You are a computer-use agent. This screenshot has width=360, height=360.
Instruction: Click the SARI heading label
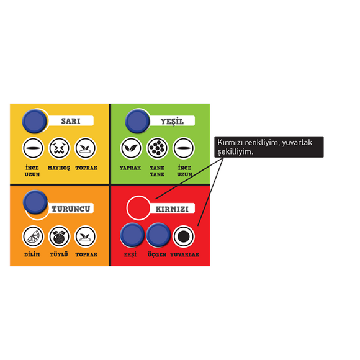tap(71, 121)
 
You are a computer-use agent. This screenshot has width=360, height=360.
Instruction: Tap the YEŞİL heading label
tap(172, 121)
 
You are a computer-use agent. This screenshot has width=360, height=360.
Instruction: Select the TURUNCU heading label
tap(71, 209)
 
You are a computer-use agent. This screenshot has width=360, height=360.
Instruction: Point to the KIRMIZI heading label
tap(172, 209)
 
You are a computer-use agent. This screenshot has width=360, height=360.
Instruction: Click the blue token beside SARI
tap(34, 121)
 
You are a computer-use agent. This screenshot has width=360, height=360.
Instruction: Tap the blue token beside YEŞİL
tap(137, 121)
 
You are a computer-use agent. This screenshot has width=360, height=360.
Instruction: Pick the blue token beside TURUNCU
tap(35, 202)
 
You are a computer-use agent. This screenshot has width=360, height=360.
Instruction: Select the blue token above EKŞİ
tap(132, 235)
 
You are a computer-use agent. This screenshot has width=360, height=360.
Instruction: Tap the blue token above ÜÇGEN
tap(158, 235)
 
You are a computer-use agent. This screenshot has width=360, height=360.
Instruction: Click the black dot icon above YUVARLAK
tap(184, 236)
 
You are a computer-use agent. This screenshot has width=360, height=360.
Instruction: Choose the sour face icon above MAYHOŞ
tap(59, 148)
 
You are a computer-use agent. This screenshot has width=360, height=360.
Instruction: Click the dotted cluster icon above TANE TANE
tap(157, 148)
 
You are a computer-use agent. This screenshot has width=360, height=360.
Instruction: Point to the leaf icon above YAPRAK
tap(131, 148)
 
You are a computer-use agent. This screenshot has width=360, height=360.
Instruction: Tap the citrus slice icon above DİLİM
tap(33, 236)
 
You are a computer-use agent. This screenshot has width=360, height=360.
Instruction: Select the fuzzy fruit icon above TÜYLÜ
tap(59, 236)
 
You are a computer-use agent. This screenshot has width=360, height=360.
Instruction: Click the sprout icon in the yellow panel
tap(86, 148)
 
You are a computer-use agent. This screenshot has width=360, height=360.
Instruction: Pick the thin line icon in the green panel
tap(184, 148)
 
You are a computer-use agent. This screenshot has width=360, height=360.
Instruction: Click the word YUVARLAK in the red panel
tap(184, 254)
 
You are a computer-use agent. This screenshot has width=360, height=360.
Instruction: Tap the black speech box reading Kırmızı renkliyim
tap(269, 147)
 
